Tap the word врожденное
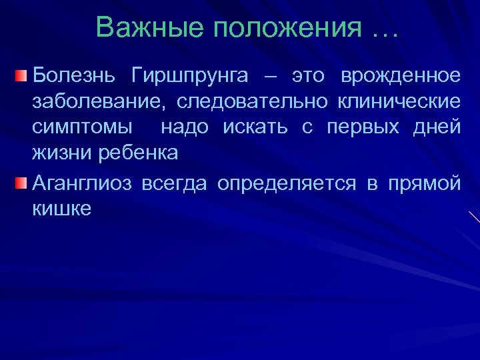tap(400, 75)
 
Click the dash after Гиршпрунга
tap(268, 76)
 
